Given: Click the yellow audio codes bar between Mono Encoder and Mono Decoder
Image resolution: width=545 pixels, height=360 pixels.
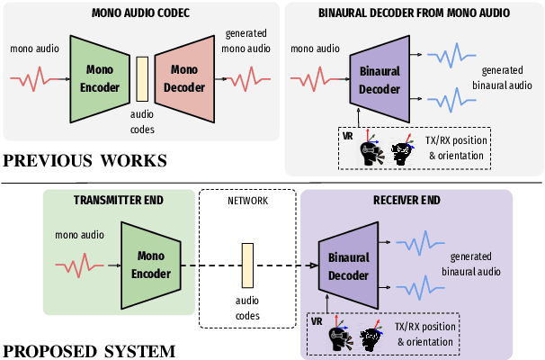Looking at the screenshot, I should click(x=141, y=78).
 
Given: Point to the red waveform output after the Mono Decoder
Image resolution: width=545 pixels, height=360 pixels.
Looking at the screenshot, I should click(x=244, y=78).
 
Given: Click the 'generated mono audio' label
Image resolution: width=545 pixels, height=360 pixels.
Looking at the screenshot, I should click(x=245, y=40).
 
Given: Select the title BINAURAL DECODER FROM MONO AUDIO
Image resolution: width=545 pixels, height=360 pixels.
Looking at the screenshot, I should click(x=413, y=14).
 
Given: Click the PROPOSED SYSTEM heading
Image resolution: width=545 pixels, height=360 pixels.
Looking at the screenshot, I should click(x=88, y=351).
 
